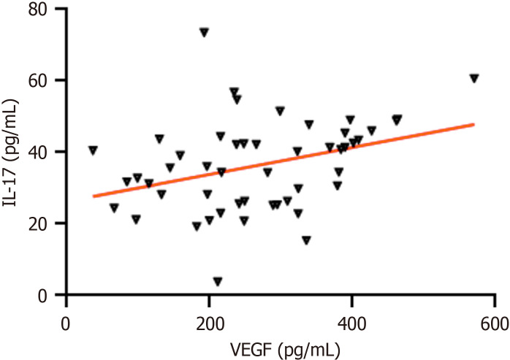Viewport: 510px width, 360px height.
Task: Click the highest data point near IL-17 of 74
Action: pyautogui.click(x=205, y=33)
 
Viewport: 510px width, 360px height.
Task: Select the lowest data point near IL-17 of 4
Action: pyautogui.click(x=218, y=281)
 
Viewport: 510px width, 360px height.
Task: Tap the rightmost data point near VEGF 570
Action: pyautogui.click(x=474, y=78)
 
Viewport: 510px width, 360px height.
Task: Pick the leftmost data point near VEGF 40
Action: pyautogui.click(x=93, y=150)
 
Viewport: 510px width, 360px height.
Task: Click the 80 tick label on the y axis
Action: pyautogui.click(x=39, y=9)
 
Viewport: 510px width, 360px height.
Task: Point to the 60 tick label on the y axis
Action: pyautogui.click(x=39, y=80)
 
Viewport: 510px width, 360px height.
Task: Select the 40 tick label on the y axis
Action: pyautogui.click(x=39, y=152)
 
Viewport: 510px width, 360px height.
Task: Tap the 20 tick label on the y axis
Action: pyautogui.click(x=39, y=223)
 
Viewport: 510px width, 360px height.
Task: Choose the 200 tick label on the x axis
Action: pyautogui.click(x=209, y=324)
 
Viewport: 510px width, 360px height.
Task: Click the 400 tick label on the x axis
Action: pyautogui.click(x=351, y=324)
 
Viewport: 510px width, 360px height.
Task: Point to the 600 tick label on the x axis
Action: pyautogui.click(x=495, y=324)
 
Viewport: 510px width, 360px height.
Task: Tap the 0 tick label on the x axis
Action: pyautogui.click(x=66, y=324)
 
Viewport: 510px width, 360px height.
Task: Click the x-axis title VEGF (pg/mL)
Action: pyautogui.click(x=285, y=350)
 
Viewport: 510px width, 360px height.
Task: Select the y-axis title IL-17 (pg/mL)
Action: pyautogui.click(x=9, y=152)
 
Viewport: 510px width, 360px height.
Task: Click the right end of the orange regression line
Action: pyautogui.click(x=474, y=124)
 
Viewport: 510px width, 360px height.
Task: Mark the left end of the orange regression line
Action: pyautogui.click(x=94, y=196)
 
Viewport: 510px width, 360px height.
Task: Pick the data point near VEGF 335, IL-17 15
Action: pyautogui.click(x=306, y=240)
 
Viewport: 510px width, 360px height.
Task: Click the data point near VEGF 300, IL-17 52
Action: pyautogui.click(x=280, y=111)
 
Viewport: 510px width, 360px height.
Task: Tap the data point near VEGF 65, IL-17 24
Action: pyautogui.click(x=114, y=208)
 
